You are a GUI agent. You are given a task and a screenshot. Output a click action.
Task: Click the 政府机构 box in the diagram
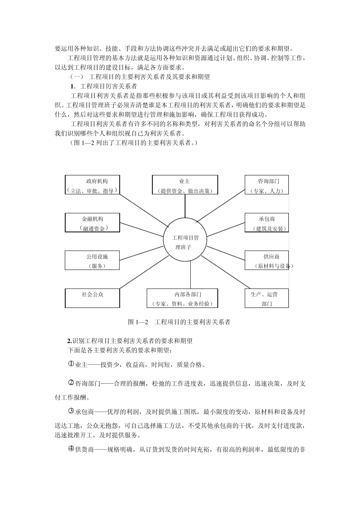pos(92,185)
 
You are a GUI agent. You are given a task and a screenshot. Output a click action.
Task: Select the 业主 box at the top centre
pos(185,185)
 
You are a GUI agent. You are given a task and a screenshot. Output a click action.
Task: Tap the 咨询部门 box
pos(266,185)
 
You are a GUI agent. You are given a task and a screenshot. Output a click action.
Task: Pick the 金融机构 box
pos(92,223)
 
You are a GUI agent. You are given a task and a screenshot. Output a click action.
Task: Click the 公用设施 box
pos(92,260)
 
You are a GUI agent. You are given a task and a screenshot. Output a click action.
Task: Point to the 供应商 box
pos(266,260)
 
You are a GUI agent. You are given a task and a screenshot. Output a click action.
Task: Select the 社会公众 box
pos(92,298)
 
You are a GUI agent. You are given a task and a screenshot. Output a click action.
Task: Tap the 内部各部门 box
pos(182,298)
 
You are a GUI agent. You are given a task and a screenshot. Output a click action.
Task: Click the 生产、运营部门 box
pos(266,298)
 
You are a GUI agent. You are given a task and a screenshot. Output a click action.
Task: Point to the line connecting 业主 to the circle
pos(185,206)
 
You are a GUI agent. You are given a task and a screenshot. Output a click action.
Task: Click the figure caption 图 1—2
pos(179,322)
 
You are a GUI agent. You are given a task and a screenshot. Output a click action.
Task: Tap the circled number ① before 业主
pos(71,364)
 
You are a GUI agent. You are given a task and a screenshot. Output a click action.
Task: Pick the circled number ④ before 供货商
pos(71,449)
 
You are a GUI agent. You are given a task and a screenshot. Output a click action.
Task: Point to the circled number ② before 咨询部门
pos(71,383)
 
